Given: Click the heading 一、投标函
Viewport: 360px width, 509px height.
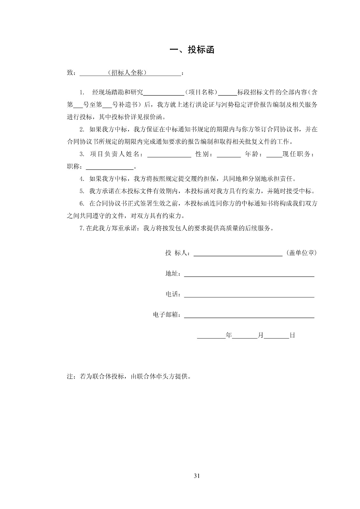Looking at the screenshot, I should (x=192, y=50).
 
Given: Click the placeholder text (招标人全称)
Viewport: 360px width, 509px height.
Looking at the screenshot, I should (x=127, y=73).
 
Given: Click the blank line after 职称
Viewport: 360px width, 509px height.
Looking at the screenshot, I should (x=110, y=167).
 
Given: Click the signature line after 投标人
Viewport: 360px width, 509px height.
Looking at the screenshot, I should (x=238, y=253).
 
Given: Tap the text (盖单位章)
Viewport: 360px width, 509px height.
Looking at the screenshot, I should (x=301, y=253).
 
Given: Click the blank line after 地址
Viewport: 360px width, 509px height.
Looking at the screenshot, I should (x=249, y=274).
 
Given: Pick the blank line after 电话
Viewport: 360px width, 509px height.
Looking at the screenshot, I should (x=249, y=295).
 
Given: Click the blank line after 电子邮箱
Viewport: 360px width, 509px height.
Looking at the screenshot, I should (x=249, y=315).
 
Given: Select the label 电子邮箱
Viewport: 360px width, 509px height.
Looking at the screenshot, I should (x=167, y=315).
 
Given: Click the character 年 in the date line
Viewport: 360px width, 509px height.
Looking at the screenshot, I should (x=229, y=335).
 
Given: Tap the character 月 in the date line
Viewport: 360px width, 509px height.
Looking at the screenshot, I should (x=261, y=335).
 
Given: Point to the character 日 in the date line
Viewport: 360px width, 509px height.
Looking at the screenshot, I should (x=292, y=335).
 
